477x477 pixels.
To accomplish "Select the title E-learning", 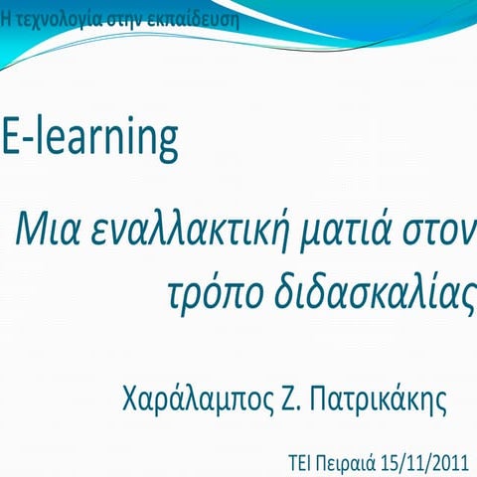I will [x=89, y=139].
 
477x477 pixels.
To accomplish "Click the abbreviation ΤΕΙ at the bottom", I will [x=299, y=462].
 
